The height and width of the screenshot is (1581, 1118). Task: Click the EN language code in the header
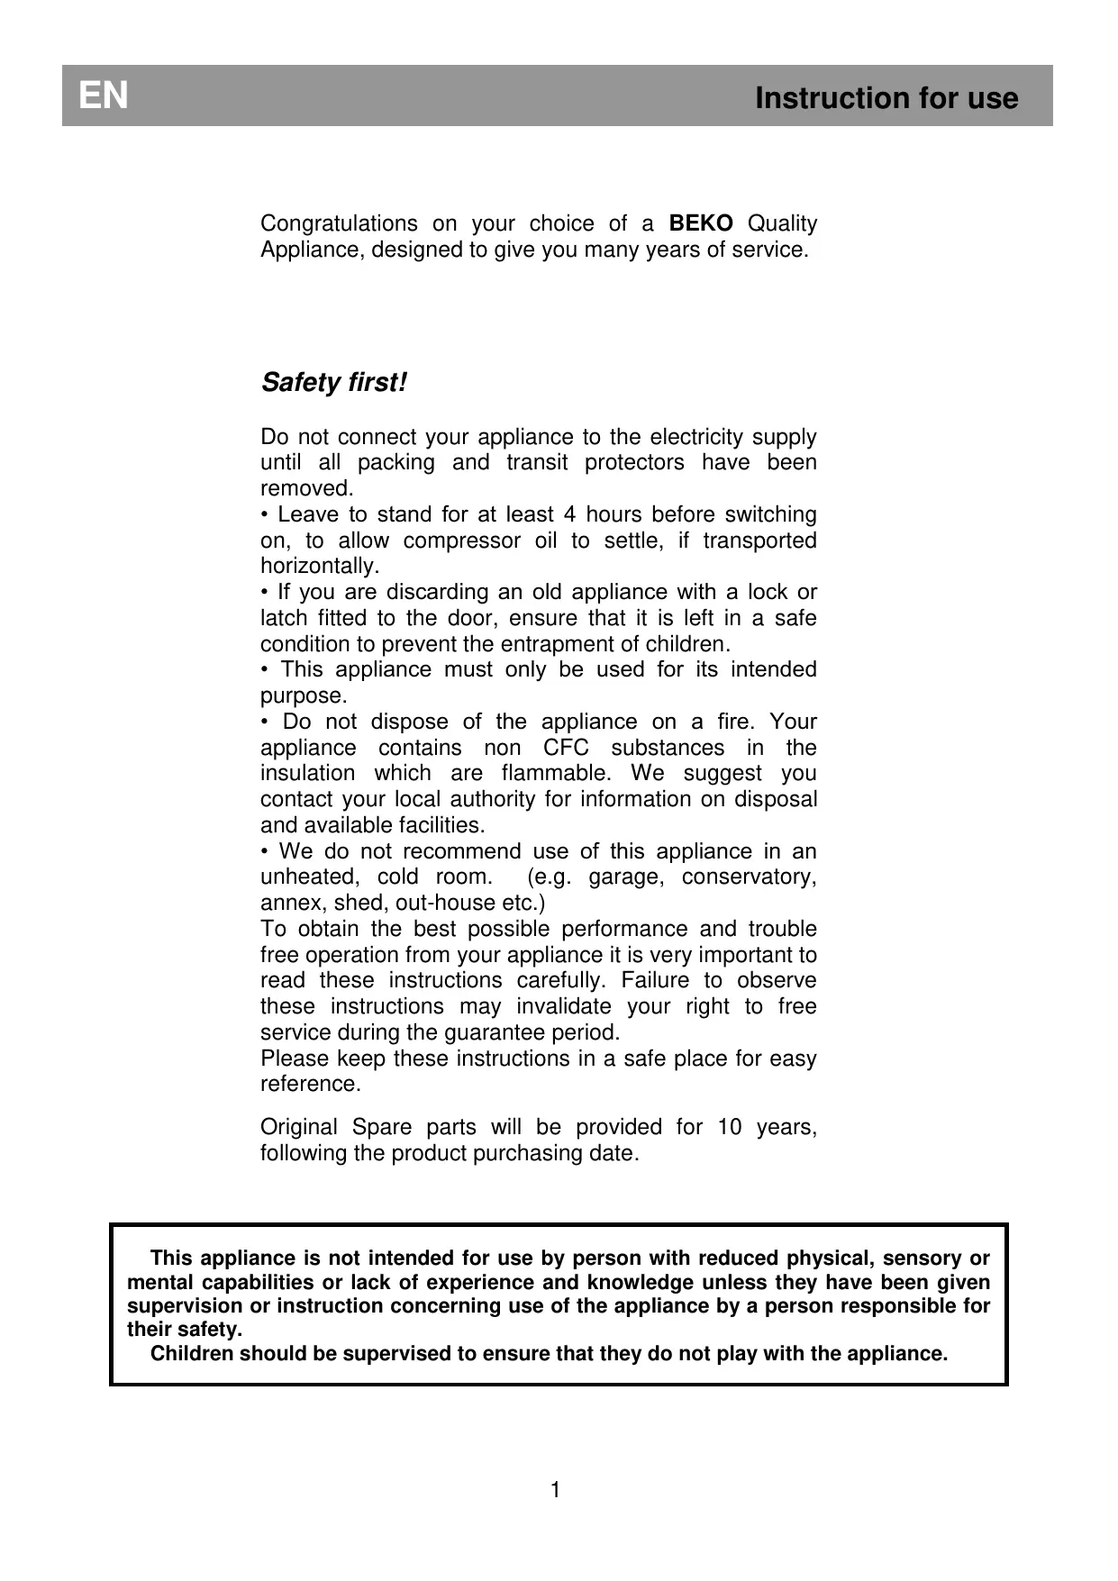click(104, 95)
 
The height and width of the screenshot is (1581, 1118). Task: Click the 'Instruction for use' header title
click(886, 97)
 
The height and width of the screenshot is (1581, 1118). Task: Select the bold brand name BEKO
click(701, 223)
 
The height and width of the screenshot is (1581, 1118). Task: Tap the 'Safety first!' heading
click(333, 383)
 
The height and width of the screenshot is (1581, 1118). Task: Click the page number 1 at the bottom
click(555, 1490)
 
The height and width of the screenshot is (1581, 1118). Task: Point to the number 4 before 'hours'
click(568, 514)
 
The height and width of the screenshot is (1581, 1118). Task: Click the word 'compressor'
click(461, 541)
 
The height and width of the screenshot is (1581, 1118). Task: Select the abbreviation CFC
click(566, 748)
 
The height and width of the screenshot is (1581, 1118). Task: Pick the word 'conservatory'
click(748, 877)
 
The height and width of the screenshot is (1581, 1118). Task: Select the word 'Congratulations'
click(339, 223)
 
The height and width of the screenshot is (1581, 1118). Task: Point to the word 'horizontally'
click(319, 567)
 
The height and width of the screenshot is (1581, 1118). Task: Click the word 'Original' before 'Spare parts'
click(299, 1127)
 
